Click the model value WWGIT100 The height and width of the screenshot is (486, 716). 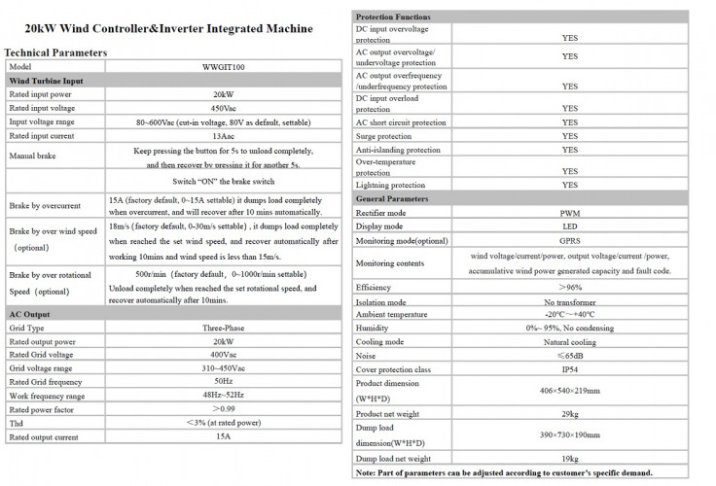click(224, 66)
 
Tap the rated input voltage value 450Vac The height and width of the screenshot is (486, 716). click(224, 108)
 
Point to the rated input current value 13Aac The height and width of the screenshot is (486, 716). click(224, 135)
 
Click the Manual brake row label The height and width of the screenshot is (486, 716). click(34, 156)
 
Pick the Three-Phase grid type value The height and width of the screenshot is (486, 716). click(224, 329)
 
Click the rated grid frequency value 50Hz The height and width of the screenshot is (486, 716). click(224, 383)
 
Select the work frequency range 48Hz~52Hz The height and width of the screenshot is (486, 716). click(224, 397)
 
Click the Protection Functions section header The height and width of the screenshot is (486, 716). click(393, 17)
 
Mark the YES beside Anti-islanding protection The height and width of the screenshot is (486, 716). click(569, 151)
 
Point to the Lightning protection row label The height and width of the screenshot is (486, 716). click(390, 185)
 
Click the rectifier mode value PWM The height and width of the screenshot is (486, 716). click(569, 212)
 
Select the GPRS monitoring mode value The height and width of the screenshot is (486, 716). click(569, 239)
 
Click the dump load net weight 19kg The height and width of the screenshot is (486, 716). click(569, 458)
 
